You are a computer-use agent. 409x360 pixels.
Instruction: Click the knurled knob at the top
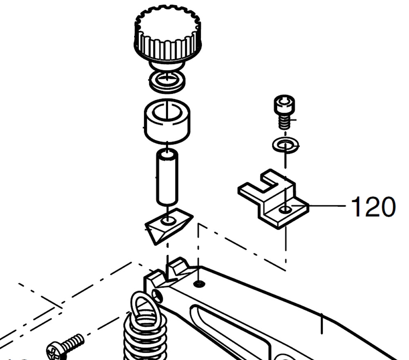168,35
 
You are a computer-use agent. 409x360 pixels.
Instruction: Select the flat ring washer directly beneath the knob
167,81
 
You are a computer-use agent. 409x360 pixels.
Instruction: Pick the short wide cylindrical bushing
167,122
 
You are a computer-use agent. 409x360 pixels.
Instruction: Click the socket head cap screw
285,112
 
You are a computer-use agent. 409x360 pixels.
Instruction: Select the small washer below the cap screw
285,145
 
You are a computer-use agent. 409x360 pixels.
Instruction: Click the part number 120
373,207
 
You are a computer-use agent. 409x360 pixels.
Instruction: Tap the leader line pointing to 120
318,206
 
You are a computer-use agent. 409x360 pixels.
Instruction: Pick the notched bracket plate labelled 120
273,199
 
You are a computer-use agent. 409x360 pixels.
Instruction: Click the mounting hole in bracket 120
285,209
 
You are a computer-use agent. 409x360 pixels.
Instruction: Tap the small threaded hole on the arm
200,283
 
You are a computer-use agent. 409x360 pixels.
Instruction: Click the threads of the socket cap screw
284,122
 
